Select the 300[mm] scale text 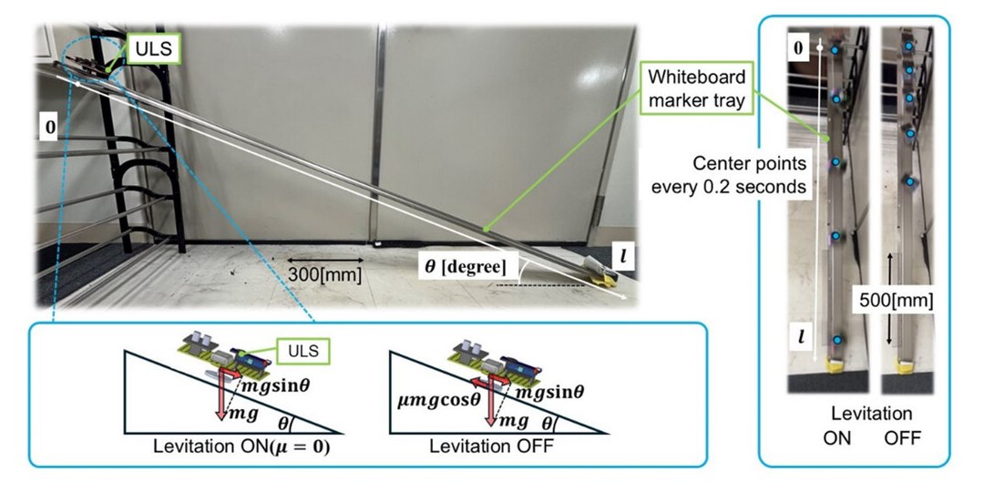click(x=323, y=272)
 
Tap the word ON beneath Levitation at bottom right click(x=836, y=438)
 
